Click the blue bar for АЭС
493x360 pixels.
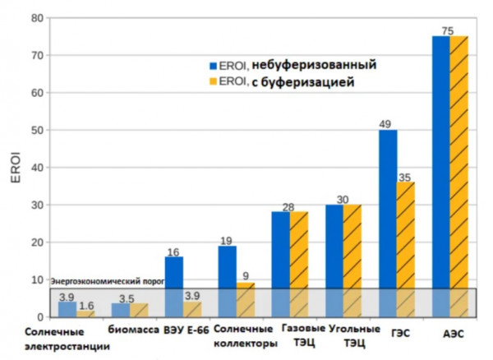[x=441, y=176]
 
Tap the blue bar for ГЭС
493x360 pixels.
[x=388, y=223]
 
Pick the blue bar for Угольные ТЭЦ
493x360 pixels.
[x=334, y=260]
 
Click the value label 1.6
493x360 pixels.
[x=85, y=306]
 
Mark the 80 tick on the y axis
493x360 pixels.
[x=35, y=17]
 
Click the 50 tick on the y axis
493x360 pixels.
[x=35, y=130]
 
